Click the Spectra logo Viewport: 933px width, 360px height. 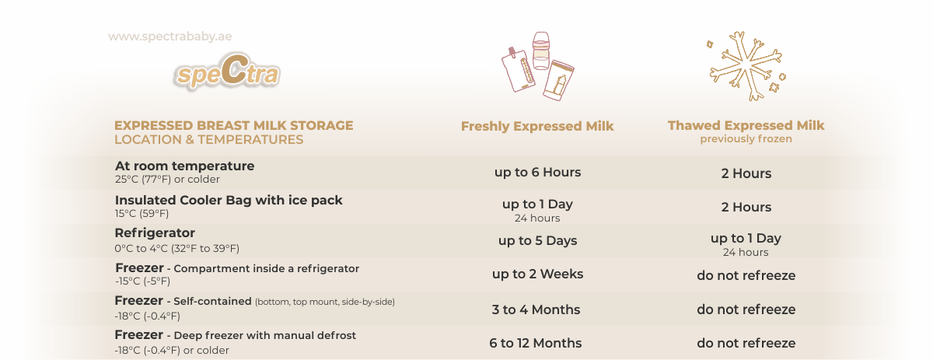pyautogui.click(x=227, y=71)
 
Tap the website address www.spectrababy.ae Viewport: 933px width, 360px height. pyautogui.click(x=170, y=37)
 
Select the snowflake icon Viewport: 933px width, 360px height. pyautogui.click(x=746, y=66)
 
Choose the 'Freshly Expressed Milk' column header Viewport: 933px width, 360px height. pyautogui.click(x=537, y=126)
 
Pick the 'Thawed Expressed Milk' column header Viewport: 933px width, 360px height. pyautogui.click(x=746, y=125)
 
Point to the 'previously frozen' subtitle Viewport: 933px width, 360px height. pyautogui.click(x=746, y=139)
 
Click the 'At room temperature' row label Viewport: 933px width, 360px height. pyautogui.click(x=184, y=166)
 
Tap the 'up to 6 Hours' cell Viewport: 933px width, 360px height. pyautogui.click(x=537, y=172)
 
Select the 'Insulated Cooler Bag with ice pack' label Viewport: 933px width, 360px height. pyautogui.click(x=229, y=200)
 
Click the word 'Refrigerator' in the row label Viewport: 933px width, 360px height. pyautogui.click(x=155, y=233)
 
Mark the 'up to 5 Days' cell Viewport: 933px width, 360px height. pyautogui.click(x=537, y=240)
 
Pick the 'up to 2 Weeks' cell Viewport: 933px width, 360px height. pyautogui.click(x=537, y=274)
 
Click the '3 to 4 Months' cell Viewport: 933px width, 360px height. pyautogui.click(x=536, y=309)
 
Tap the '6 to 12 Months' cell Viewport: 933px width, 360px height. pyautogui.click(x=535, y=343)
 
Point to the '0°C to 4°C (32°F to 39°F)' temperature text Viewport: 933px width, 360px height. pyautogui.click(x=177, y=249)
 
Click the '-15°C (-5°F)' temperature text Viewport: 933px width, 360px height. pyautogui.click(x=142, y=281)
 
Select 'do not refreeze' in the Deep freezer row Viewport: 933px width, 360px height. pyautogui.click(x=746, y=343)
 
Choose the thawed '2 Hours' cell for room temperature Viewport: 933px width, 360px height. pyautogui.click(x=746, y=173)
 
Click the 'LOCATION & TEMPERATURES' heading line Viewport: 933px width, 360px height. pyautogui.click(x=208, y=140)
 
